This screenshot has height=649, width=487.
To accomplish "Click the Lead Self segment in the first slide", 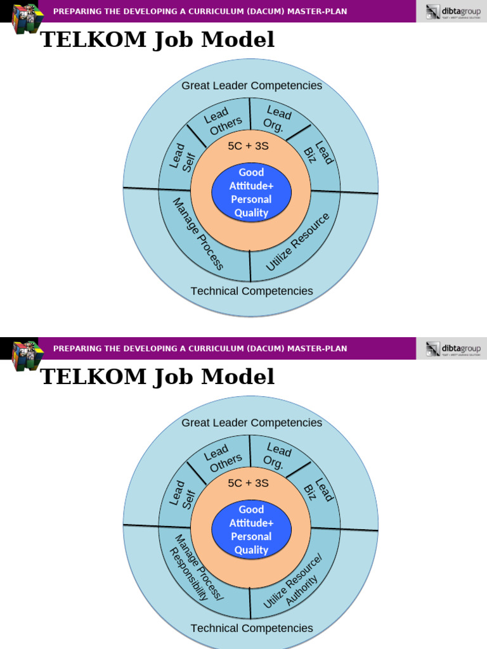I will (181, 157).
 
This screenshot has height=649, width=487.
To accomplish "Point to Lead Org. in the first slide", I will (276, 118).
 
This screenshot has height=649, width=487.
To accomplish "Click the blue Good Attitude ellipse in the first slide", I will (251, 192).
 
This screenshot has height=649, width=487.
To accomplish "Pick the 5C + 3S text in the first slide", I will (248, 146).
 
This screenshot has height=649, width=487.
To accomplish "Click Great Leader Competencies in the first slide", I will (252, 86).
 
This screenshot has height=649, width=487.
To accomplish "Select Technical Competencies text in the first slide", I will (252, 291).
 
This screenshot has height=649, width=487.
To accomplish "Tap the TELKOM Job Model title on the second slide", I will (157, 376).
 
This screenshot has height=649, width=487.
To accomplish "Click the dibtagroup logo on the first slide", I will (453, 11).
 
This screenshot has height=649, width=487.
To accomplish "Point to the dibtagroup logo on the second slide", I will (453, 349).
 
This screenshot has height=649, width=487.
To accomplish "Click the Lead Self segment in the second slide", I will (181, 494).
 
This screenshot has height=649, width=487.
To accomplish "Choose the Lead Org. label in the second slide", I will (276, 455).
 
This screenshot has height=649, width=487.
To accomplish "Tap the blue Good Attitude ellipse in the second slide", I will (251, 529).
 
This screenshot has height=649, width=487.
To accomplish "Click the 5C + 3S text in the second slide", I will (248, 484).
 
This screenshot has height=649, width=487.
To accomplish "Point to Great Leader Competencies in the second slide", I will (252, 423).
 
